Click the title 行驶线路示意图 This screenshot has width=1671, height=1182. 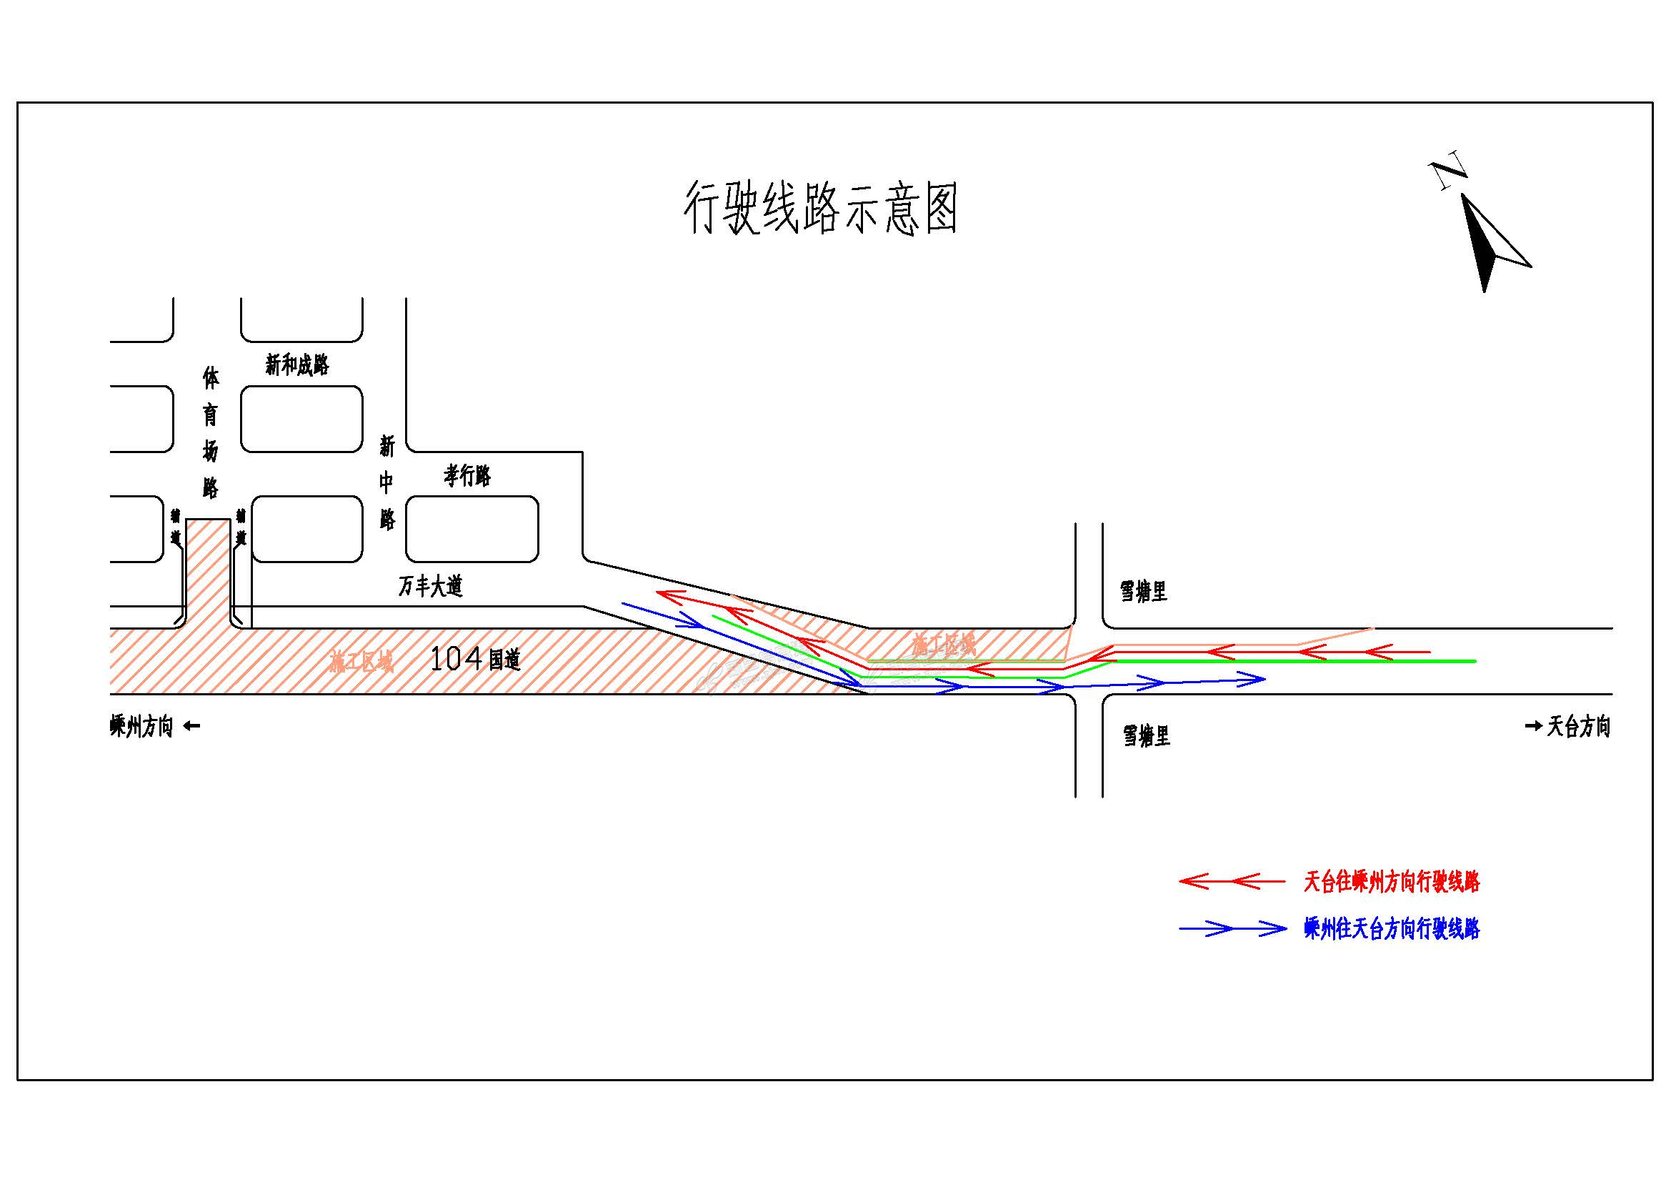[x=820, y=208]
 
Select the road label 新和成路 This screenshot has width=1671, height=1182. [x=297, y=364]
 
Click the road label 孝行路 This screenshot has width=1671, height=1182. [x=467, y=476]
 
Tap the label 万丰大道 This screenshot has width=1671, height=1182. [x=430, y=586]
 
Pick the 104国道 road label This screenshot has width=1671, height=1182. [x=475, y=660]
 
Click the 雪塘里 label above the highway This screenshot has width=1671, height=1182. [x=1143, y=591]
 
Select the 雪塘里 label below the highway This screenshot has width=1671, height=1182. [x=1146, y=736]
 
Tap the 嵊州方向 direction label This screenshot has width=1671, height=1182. [x=142, y=726]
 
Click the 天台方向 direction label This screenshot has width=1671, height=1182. [x=1579, y=725]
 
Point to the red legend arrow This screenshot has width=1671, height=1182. [x=1232, y=881]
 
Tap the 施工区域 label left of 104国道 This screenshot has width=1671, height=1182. [x=361, y=662]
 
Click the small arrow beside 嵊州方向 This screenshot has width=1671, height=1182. [x=191, y=725]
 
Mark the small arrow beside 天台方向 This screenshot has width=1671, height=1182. [x=1532, y=725]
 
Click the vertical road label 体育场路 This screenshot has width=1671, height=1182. [x=210, y=432]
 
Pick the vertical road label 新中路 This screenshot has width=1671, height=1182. [x=387, y=482]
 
